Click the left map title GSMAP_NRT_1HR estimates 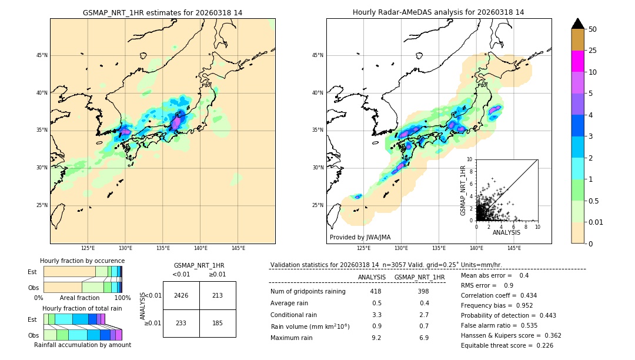pos(162,12)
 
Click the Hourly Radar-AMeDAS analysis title pos(438,12)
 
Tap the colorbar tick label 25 pos(593,51)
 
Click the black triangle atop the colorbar pos(578,24)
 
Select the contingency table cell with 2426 pos(181,295)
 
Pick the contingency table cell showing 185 pos(218,323)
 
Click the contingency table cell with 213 pos(218,295)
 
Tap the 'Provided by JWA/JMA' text pos(360,237)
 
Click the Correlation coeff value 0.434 pos(524,295)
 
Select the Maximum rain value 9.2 pos(376,338)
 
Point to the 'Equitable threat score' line pos(507,345)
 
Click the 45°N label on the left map pos(42,55)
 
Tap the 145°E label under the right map pos(514,248)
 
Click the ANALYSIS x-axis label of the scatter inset pos(506,232)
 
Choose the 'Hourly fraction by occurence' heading pos(82,261)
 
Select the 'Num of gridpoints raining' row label pos(308,291)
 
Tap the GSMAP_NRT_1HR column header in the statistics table pos(419,277)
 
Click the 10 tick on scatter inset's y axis pos(470,159)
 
